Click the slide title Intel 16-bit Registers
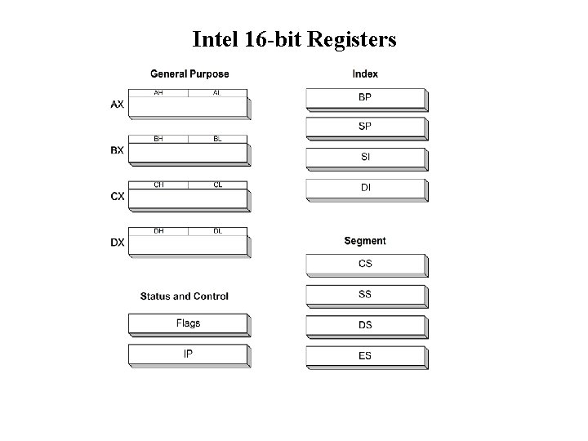pos(294,39)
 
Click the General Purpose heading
pos(189,74)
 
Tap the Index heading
pos(365,74)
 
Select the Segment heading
pos(365,241)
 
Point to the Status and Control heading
pos(185,296)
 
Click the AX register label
pos(118,105)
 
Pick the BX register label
pos(118,150)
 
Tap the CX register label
pos(118,197)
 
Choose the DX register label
pos(118,243)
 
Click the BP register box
pos(366,98)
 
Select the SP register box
pos(366,127)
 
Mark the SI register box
pos(366,158)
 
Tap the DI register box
pos(366,189)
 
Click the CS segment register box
pos(366,265)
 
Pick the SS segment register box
pos(366,295)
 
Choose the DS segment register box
pos(366,326)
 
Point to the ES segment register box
pos(366,356)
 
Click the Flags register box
pos(188,324)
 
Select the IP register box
pos(188,354)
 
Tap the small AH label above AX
pos(158,93)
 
